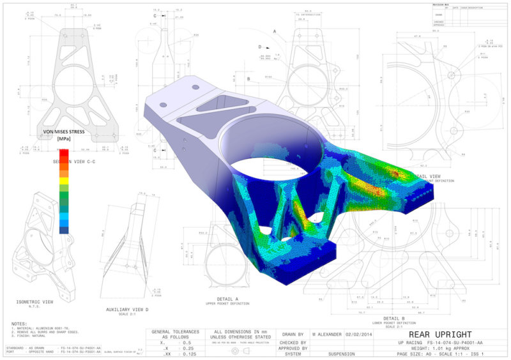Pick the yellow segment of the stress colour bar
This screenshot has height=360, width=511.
(x=64, y=180)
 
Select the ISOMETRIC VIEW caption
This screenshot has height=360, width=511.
(x=34, y=302)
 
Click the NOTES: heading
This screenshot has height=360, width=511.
(x=19, y=324)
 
